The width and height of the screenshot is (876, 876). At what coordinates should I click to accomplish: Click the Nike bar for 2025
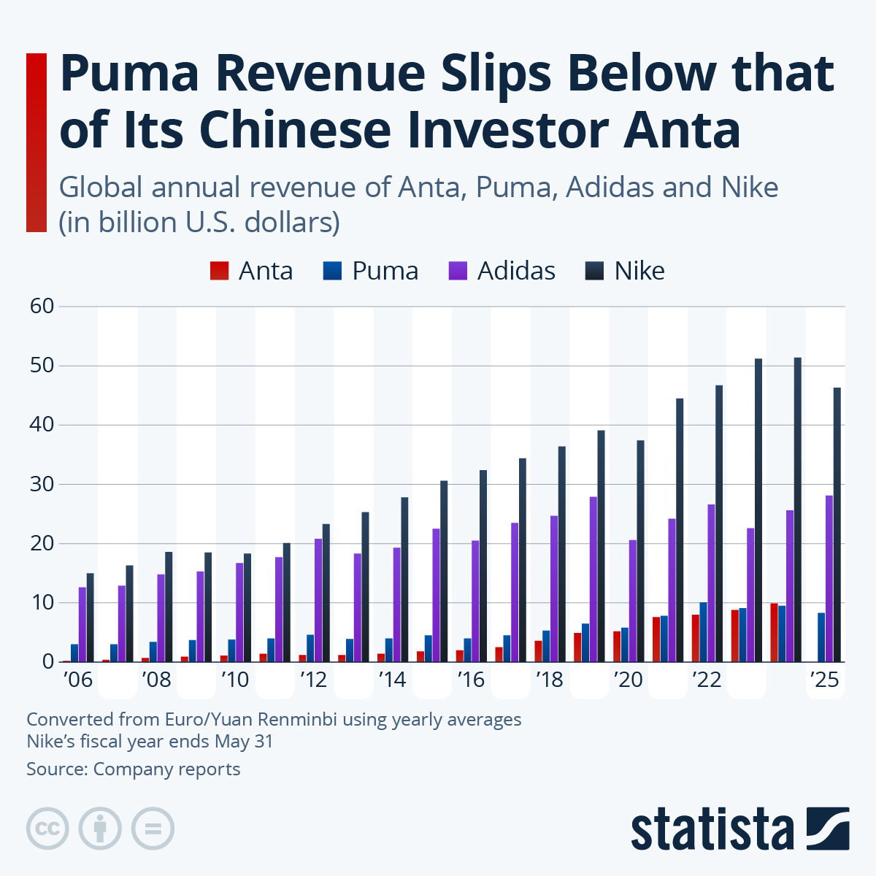837,525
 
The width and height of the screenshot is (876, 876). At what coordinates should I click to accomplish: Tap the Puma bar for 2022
703,632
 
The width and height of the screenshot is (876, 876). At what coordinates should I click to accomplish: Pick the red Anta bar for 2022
696,638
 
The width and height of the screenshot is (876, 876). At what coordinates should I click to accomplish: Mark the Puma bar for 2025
821,637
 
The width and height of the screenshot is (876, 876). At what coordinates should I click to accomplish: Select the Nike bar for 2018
562,554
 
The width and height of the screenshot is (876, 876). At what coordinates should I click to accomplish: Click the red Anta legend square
219,271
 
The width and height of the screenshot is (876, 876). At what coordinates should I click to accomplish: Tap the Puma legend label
385,271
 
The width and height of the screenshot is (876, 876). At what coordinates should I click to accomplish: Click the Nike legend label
639,271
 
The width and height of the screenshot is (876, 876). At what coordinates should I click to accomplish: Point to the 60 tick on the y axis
42,306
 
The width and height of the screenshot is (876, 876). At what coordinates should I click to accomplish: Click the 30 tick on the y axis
42,484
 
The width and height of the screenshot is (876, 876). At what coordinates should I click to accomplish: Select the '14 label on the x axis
392,680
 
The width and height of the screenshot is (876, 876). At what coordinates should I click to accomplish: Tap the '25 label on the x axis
825,680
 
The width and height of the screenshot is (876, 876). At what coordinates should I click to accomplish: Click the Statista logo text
712,829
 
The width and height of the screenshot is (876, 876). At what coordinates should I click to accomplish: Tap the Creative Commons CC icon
47,829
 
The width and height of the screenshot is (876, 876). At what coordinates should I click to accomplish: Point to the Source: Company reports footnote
134,769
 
